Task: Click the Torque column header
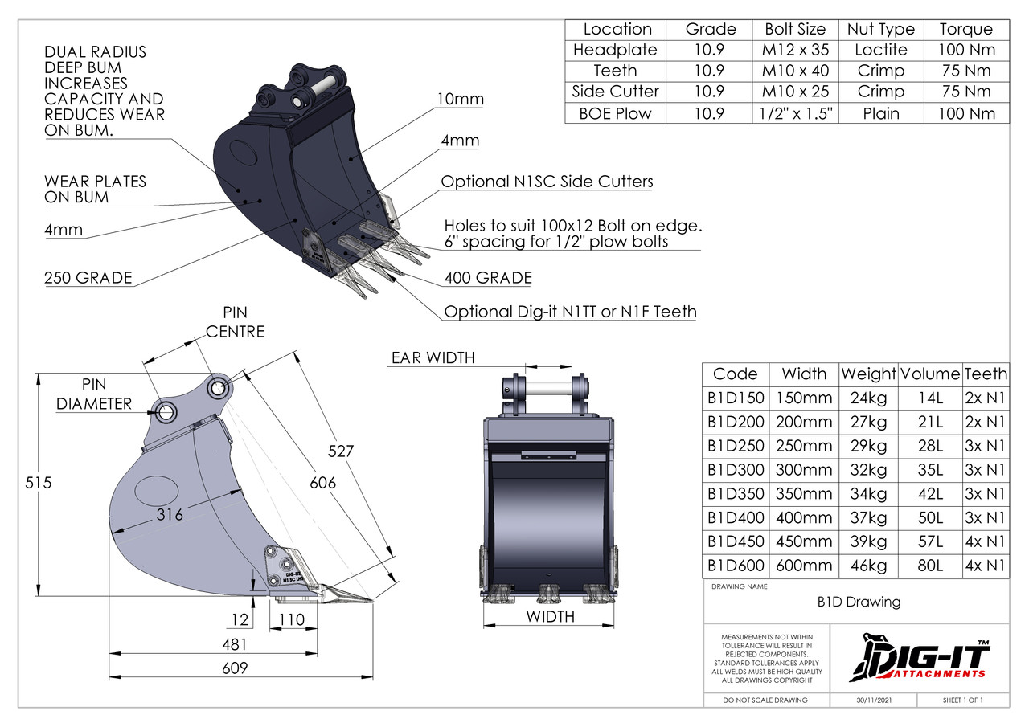(x=965, y=29)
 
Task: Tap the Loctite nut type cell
(x=881, y=50)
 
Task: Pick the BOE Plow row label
(x=616, y=113)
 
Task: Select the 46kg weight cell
(x=868, y=566)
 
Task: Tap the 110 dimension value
(x=291, y=619)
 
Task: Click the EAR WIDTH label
(x=433, y=357)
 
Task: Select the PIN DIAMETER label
(x=94, y=394)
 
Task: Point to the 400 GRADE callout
(x=488, y=279)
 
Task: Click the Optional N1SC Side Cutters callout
(x=547, y=182)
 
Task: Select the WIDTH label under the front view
(x=550, y=617)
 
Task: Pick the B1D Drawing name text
(x=859, y=602)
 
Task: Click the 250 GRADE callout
(x=88, y=279)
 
